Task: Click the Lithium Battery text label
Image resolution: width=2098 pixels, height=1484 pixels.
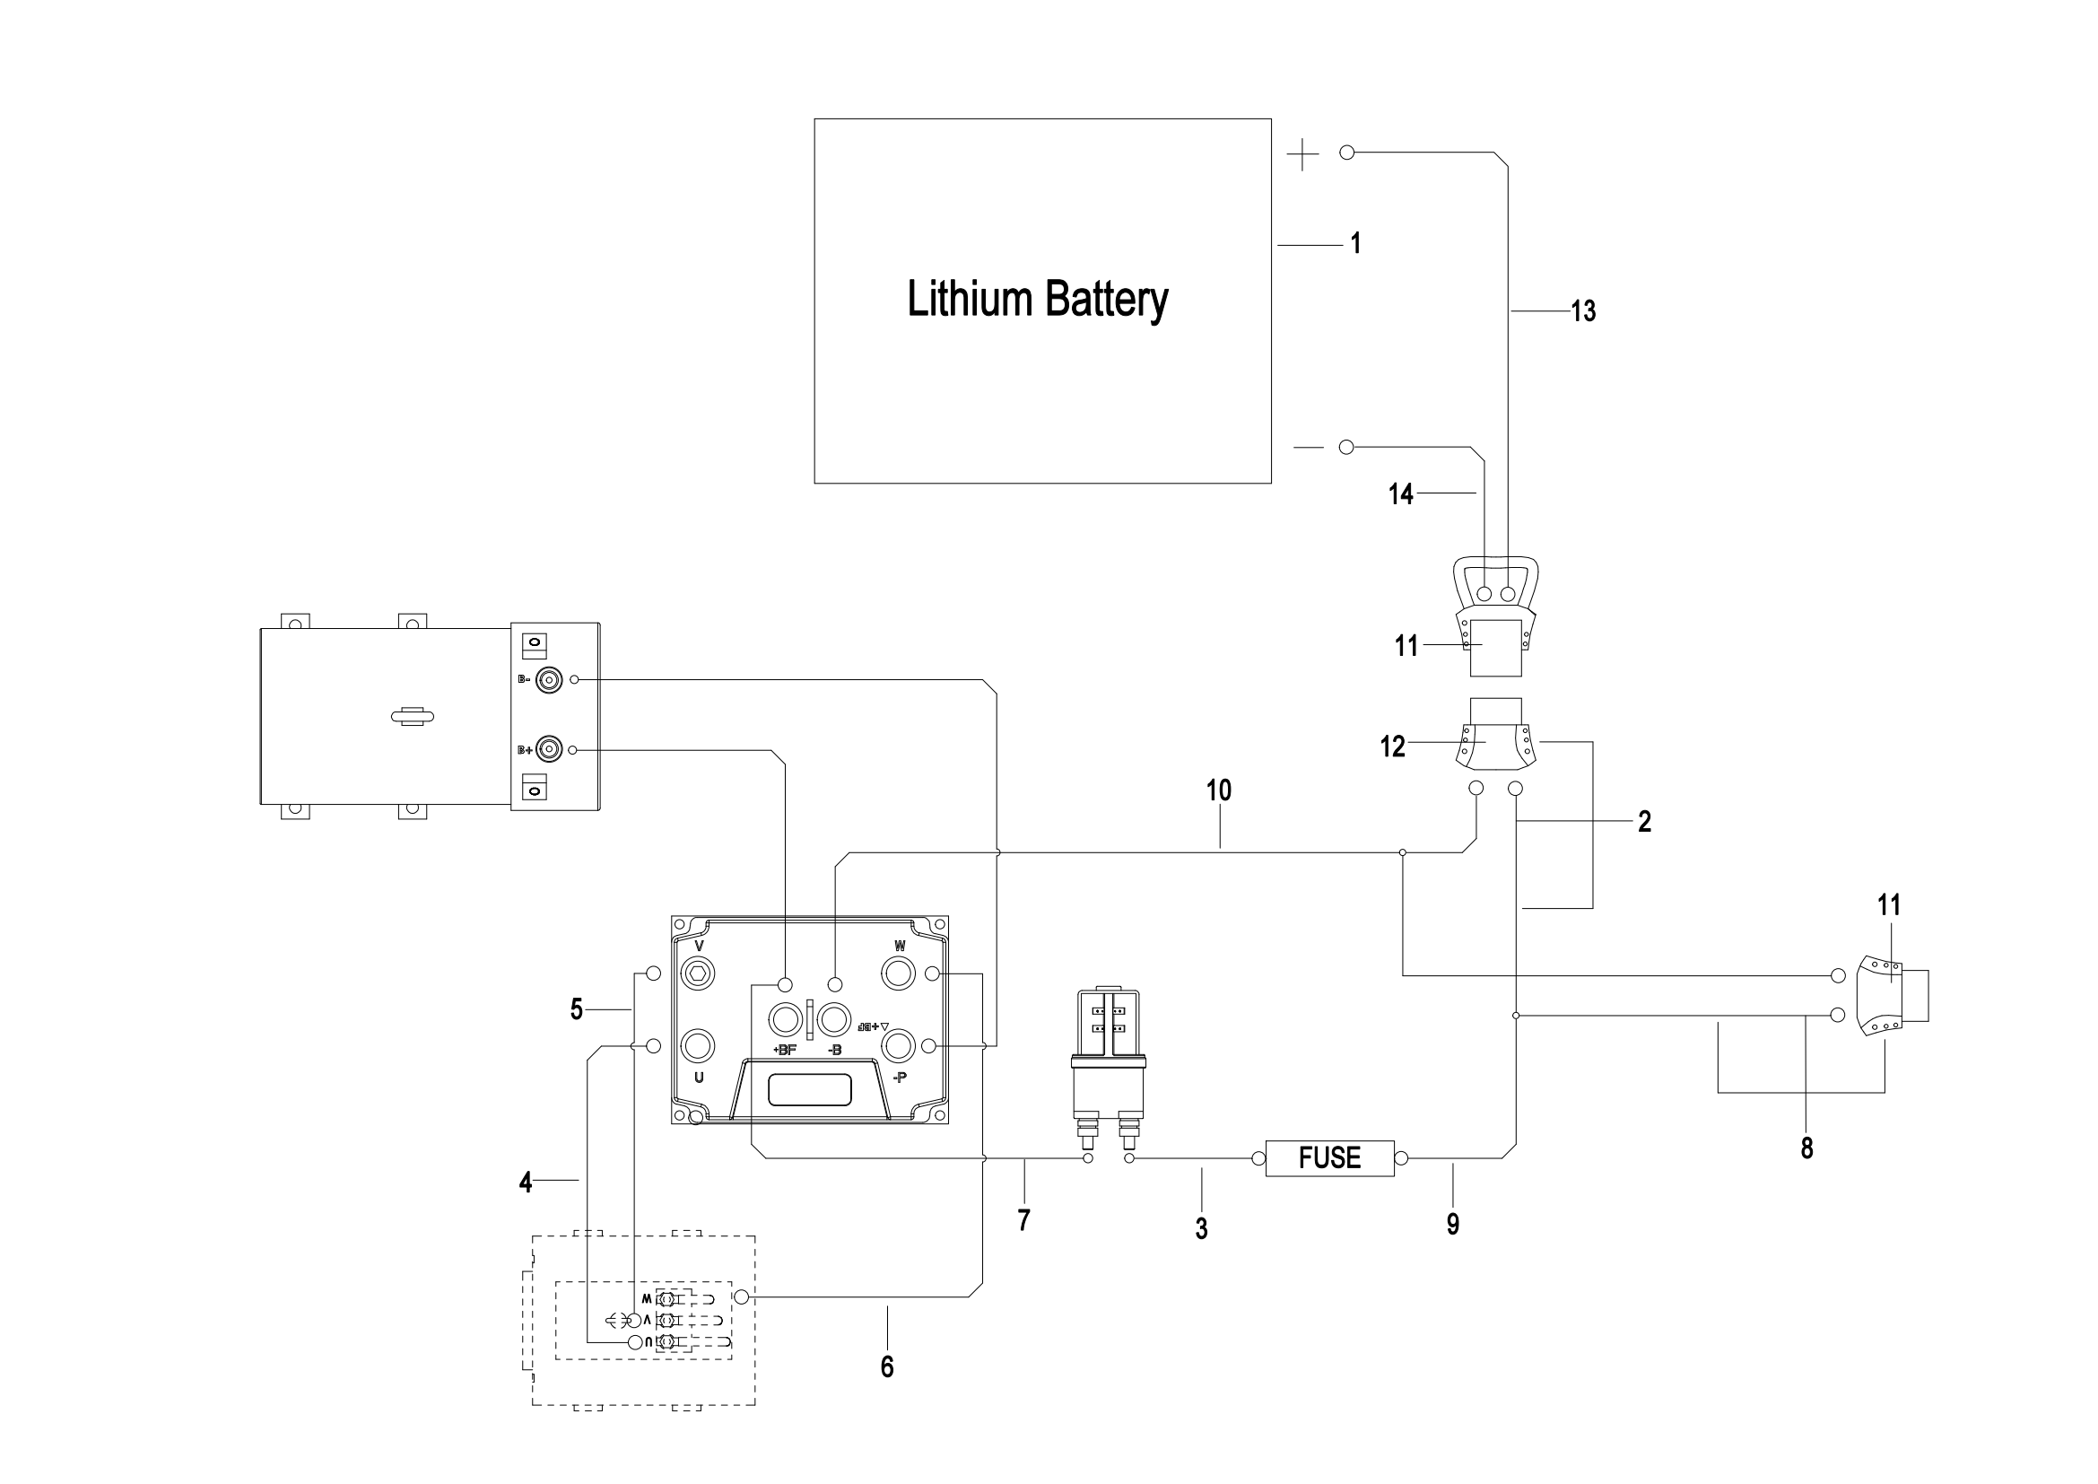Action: [1037, 300]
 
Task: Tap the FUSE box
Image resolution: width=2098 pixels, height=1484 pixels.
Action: [1328, 1157]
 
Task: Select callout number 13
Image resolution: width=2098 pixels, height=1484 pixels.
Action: [1582, 311]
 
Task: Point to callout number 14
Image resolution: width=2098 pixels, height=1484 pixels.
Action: [1400, 494]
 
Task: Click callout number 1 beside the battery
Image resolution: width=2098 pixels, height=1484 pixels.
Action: [1356, 243]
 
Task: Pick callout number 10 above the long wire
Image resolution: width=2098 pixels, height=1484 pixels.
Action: [1219, 790]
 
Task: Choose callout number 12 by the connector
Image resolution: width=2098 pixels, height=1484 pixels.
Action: [1392, 746]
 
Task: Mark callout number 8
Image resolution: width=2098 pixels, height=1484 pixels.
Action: [1806, 1148]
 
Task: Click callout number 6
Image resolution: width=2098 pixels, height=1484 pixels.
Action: [886, 1366]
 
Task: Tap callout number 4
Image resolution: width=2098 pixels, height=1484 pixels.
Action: [526, 1183]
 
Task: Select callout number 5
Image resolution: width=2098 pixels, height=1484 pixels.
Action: [577, 1008]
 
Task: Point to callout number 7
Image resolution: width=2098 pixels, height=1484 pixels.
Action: [1023, 1220]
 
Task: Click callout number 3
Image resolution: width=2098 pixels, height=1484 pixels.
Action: [1201, 1228]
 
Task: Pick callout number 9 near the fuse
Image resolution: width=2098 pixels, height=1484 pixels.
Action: [1453, 1224]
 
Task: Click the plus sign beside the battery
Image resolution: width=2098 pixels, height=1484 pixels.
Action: [1302, 155]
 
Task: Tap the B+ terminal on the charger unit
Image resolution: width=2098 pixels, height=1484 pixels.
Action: [548, 749]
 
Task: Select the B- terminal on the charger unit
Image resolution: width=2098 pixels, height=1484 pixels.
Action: [548, 680]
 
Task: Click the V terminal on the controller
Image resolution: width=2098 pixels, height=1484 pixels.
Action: [699, 973]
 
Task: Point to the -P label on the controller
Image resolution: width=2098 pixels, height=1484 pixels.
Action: [899, 1078]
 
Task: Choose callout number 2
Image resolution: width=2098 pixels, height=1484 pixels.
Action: [1645, 822]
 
